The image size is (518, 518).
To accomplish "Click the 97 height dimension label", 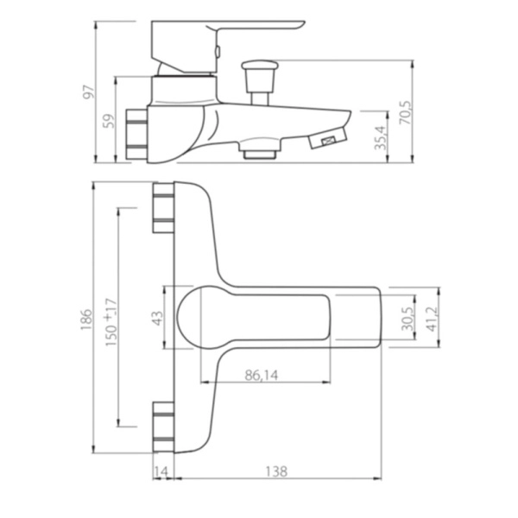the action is point(89,92).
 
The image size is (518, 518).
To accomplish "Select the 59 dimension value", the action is point(109,121).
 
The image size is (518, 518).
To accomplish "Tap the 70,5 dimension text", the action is point(406,112).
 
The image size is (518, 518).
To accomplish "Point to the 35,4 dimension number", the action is point(381,138).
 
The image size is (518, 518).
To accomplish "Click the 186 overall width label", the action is point(85,319).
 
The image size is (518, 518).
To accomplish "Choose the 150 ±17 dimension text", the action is point(111,322).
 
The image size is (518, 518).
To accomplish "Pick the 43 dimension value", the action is point(158,318).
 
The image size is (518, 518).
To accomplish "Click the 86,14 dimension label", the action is point(262,376).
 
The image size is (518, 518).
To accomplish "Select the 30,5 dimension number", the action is point(407,319).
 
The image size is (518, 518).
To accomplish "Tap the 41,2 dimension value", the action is point(433,319).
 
